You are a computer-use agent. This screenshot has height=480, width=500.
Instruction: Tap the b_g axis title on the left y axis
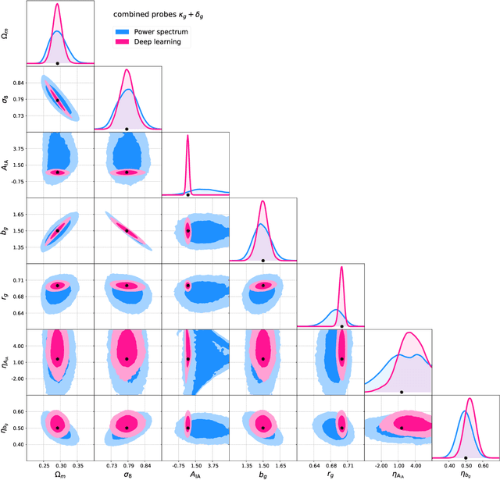[5, 229]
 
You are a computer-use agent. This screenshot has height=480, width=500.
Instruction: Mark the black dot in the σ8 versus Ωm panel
[57, 99]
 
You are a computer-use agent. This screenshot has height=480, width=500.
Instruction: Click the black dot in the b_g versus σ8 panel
[127, 230]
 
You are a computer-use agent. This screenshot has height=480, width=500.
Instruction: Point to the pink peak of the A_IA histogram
[187, 137]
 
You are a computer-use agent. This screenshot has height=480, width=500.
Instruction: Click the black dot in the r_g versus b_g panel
[263, 286]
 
